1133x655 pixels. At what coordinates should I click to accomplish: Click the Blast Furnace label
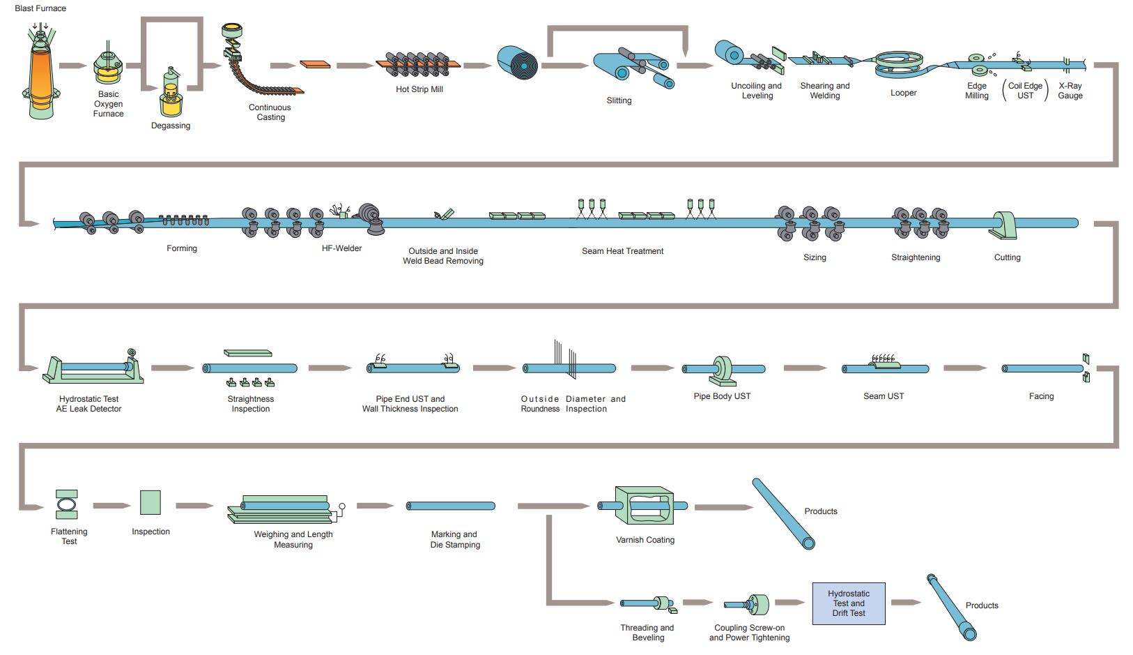[40, 8]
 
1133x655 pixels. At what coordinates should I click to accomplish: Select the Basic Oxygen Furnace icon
[108, 64]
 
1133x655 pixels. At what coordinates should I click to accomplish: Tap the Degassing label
[171, 126]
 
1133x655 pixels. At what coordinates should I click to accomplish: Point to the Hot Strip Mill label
[419, 89]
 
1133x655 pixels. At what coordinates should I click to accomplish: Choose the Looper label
[903, 93]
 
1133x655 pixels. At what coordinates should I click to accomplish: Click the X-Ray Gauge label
[1070, 91]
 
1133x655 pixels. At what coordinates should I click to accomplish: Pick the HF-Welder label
[341, 248]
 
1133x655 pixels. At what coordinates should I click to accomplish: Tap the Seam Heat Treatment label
[622, 251]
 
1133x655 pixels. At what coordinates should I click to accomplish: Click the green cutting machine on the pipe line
[1005, 225]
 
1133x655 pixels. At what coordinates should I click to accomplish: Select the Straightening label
[915, 257]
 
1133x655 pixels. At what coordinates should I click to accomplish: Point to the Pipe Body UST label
[722, 396]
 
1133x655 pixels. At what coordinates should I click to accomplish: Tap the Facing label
[1041, 396]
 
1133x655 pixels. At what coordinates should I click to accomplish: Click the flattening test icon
[67, 504]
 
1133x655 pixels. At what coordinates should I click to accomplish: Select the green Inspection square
[151, 502]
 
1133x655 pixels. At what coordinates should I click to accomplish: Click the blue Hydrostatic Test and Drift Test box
[849, 603]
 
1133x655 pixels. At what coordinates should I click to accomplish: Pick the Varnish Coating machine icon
[645, 506]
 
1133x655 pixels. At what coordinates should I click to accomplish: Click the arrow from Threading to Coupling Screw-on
[697, 603]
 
